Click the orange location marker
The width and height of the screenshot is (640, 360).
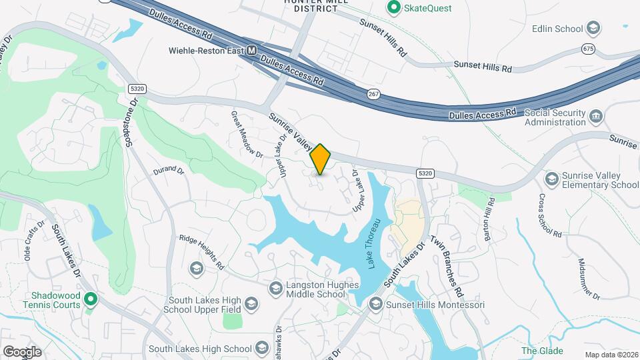[x=321, y=159]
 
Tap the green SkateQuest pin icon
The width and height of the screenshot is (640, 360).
[x=393, y=8]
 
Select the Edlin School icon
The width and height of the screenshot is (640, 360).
[x=593, y=29]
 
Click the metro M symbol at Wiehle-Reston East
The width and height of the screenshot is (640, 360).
[x=251, y=50]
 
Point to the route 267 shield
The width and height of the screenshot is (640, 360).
[x=373, y=95]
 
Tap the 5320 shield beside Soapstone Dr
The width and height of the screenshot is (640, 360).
[x=136, y=88]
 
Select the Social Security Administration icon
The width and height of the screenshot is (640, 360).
[x=597, y=117]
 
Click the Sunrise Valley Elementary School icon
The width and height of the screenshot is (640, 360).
[x=551, y=179]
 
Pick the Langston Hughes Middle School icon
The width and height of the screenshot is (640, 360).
[x=275, y=288]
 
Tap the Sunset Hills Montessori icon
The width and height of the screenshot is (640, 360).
[x=375, y=305]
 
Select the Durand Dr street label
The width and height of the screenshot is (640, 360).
[x=167, y=171]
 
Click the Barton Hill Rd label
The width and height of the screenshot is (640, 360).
[x=489, y=221]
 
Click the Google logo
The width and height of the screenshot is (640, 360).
[x=22, y=351]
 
